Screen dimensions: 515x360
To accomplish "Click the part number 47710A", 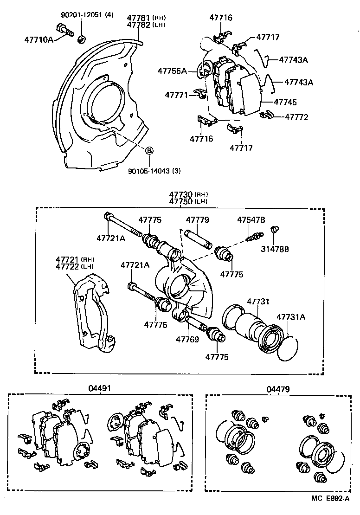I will tap(39, 40).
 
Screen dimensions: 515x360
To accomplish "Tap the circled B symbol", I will tap(149, 150).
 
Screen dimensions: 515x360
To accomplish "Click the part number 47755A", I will tap(172, 71).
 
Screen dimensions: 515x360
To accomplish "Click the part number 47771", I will tap(176, 95).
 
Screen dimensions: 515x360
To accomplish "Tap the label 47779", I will tap(198, 219).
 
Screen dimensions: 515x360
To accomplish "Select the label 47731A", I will tap(291, 317).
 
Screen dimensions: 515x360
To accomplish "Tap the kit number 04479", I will tap(278, 389).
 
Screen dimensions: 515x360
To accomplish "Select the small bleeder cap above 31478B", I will tap(275, 229).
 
